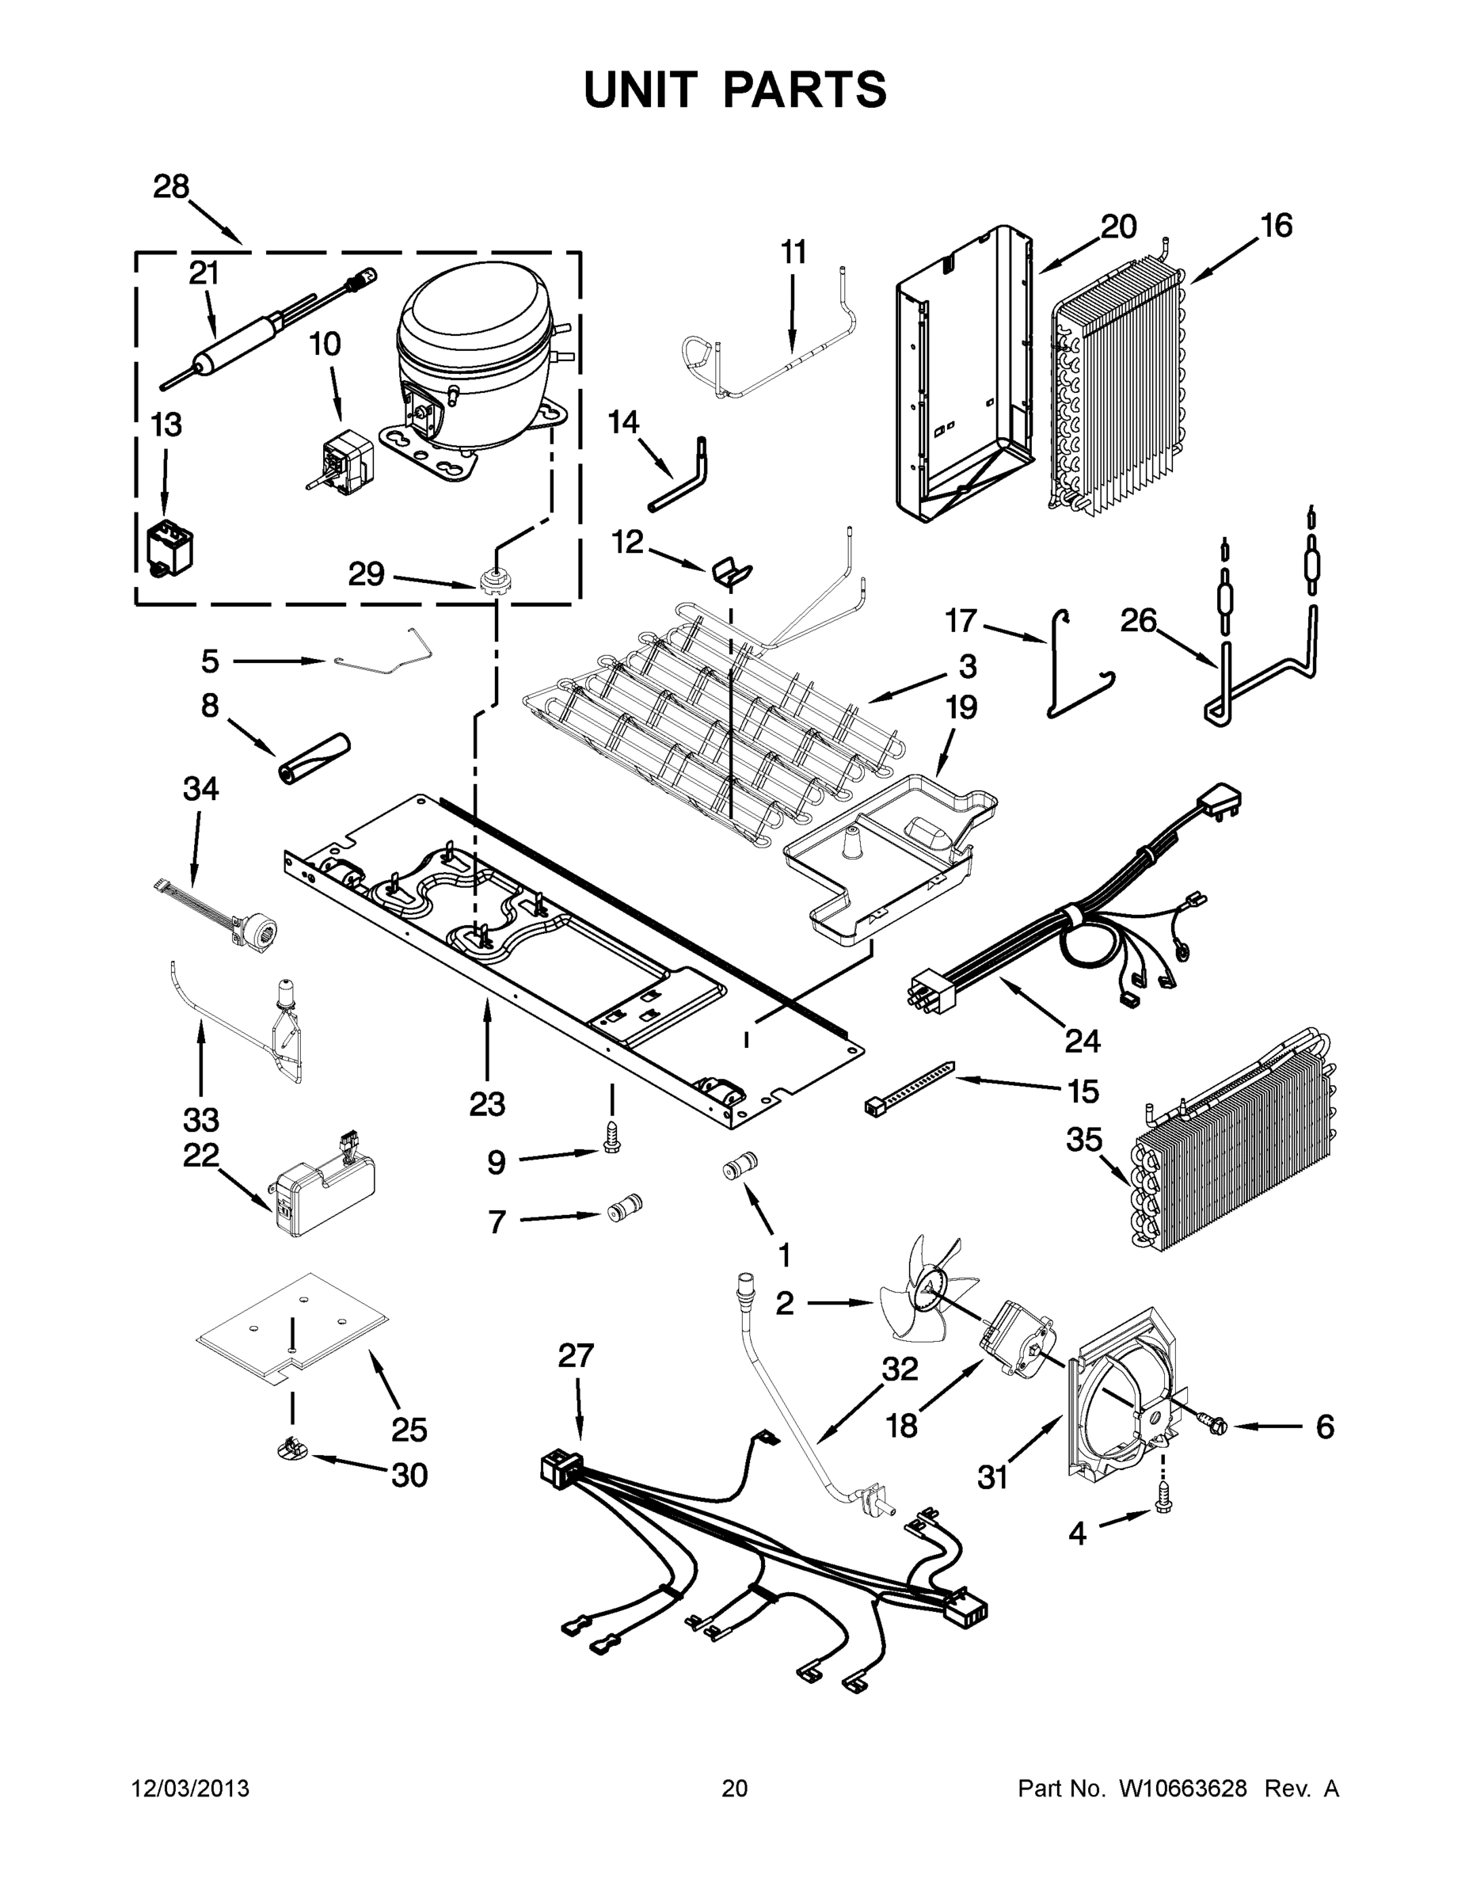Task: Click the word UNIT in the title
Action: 640,90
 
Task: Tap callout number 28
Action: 170,186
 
